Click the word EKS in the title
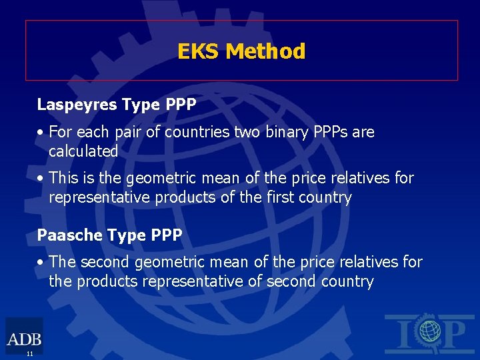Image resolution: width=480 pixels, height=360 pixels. click(199, 51)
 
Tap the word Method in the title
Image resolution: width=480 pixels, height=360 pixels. click(265, 51)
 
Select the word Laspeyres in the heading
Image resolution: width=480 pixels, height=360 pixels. click(70, 105)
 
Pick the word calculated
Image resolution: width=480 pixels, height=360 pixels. click(83, 151)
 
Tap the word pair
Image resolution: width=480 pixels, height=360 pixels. click(129, 133)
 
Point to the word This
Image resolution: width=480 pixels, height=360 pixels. click(64, 179)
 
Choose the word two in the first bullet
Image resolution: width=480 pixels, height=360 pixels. click(246, 132)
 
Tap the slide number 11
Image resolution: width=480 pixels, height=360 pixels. click(30, 353)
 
